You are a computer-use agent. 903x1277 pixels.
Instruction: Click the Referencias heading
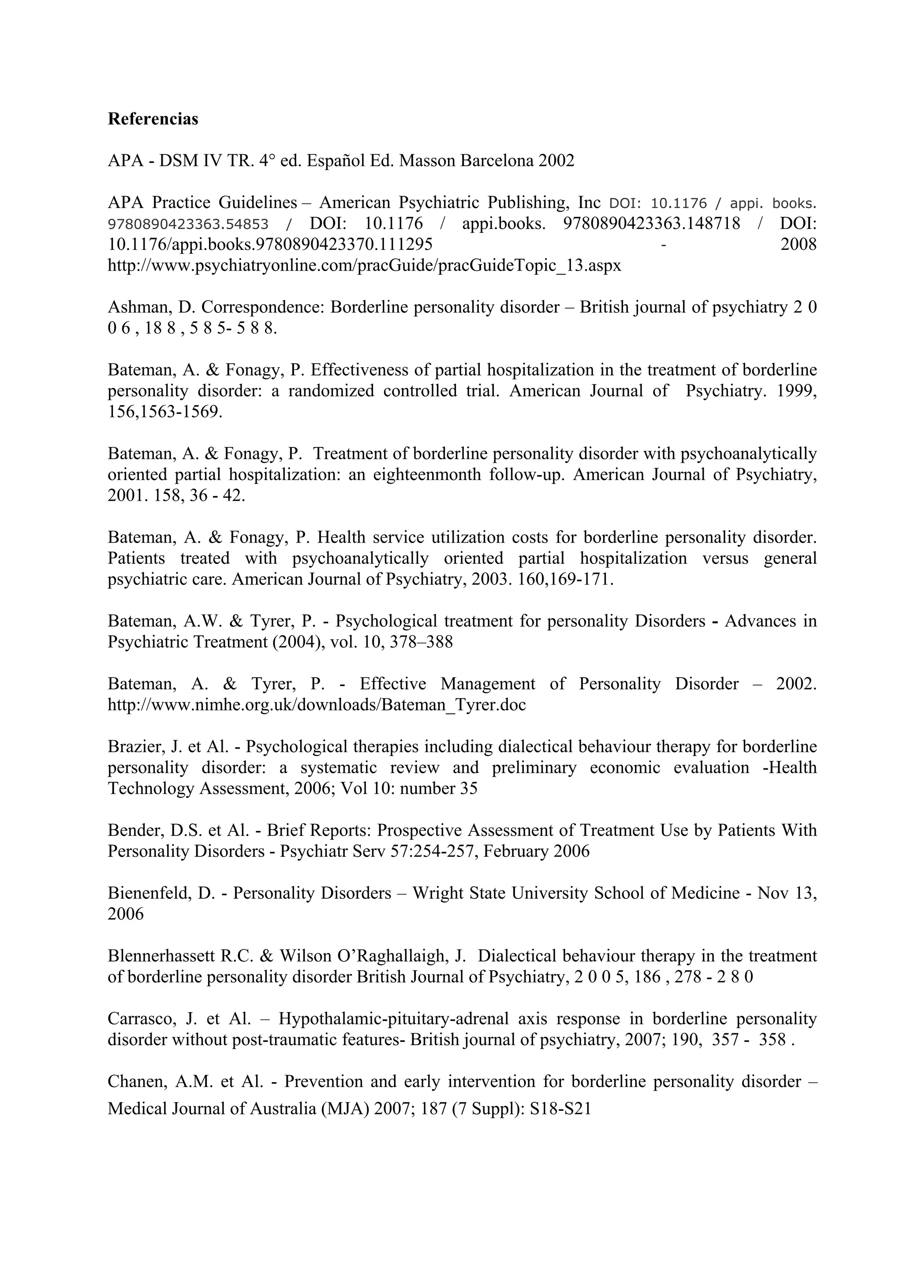click(x=153, y=119)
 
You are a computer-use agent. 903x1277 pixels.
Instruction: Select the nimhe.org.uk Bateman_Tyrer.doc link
click(x=316, y=705)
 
